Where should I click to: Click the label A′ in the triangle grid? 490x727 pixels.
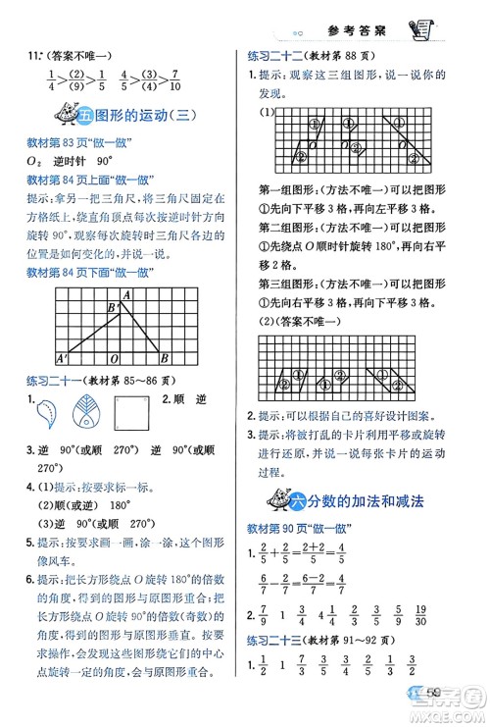pyautogui.click(x=62, y=357)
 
